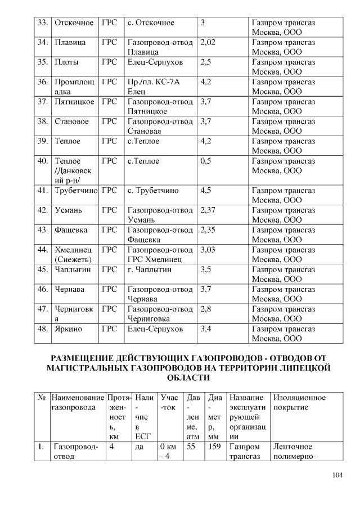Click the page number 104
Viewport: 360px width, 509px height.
tap(337, 475)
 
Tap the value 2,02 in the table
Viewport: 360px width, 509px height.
tap(208, 43)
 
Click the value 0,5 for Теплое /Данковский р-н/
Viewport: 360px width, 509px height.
tap(206, 161)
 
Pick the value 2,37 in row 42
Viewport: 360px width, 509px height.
tap(208, 210)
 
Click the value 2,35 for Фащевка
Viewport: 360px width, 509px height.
tap(208, 230)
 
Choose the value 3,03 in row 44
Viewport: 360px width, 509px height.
tap(208, 250)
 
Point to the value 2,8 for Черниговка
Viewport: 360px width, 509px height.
tap(206, 309)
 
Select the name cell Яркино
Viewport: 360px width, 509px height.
tap(69, 328)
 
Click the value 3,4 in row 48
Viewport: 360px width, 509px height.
tap(206, 328)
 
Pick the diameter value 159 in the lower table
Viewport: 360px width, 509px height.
tap(214, 447)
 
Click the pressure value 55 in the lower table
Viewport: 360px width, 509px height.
tap(191, 447)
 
